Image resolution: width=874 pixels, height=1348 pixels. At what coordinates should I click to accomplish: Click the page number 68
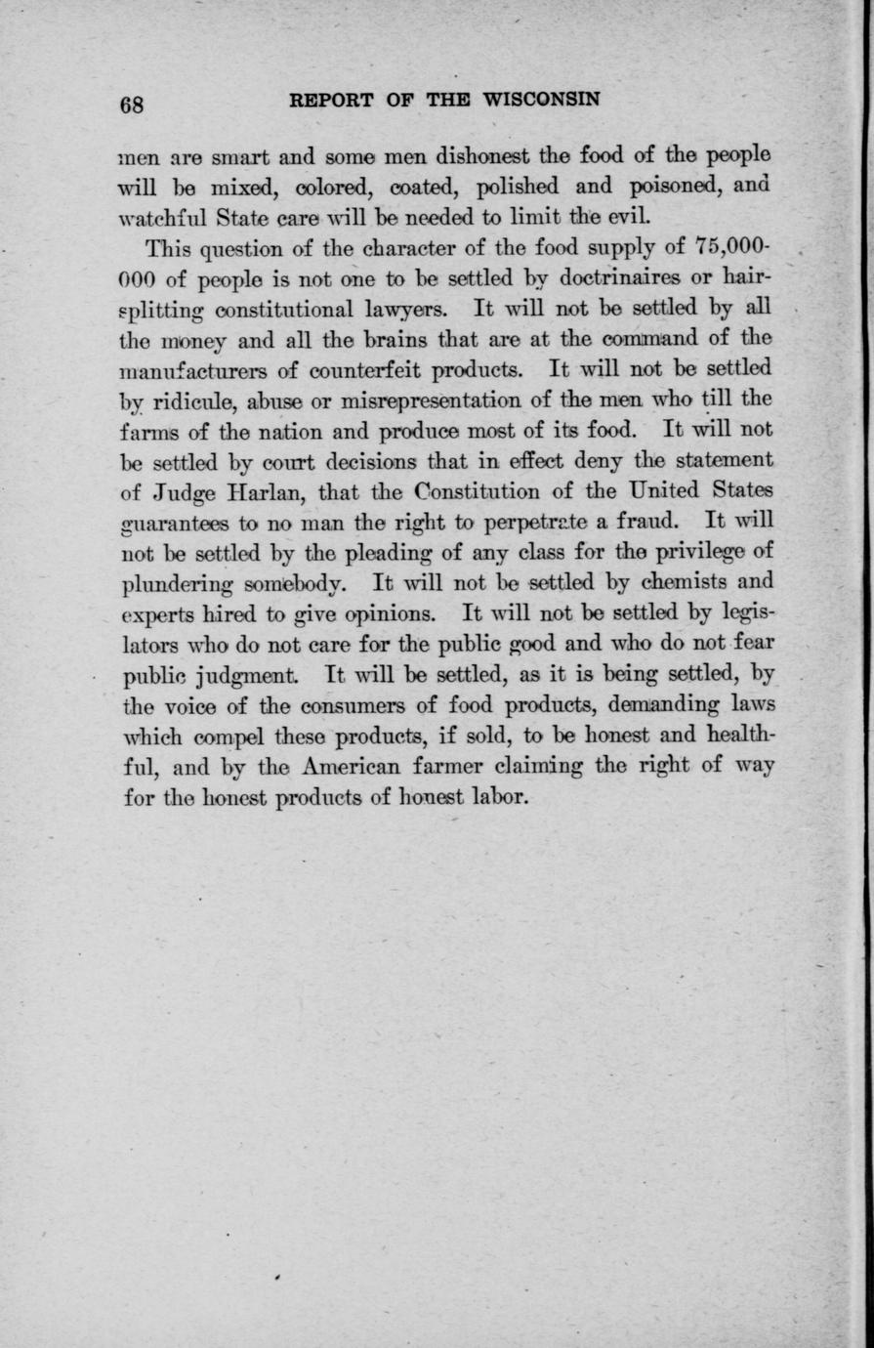132,105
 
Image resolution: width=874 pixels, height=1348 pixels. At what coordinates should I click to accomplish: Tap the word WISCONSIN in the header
541,99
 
